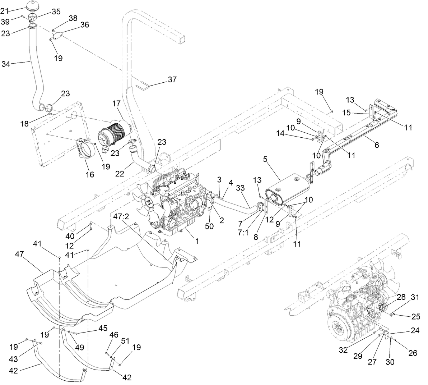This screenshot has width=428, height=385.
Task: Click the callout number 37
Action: point(172,79)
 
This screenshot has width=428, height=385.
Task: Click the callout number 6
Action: point(376,145)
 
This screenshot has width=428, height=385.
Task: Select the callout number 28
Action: point(401,297)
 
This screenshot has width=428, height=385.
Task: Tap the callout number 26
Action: point(413,353)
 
